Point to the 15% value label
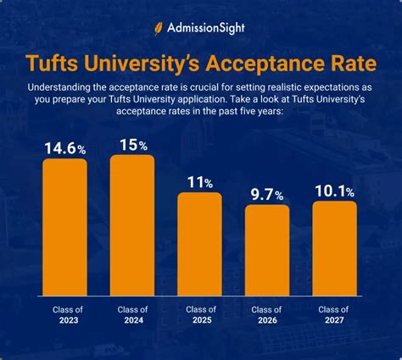tap(132, 144)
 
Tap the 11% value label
tap(199, 182)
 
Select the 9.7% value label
tap(267, 195)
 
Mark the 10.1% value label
tap(334, 191)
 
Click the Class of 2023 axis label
tap(65, 315)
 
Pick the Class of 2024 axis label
tap(132, 315)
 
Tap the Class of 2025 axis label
tap(199, 315)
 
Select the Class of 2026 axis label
tap(267, 315)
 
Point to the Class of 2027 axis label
tap(334, 315)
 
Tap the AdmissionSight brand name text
tap(208, 27)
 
